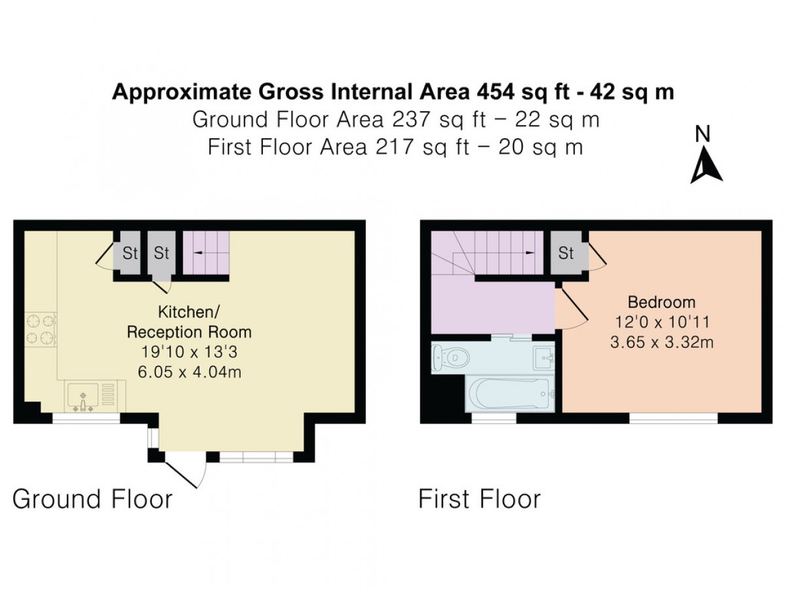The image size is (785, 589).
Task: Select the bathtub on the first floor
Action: [509, 394]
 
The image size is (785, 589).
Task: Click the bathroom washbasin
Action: [543, 357]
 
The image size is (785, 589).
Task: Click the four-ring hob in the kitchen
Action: [41, 330]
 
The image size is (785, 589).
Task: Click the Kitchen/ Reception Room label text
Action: [189, 322]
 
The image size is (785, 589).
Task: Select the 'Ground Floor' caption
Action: [93, 499]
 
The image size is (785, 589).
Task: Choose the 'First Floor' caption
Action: [480, 499]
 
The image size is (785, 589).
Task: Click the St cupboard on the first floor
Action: [566, 253]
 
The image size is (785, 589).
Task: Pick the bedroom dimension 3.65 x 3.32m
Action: [661, 342]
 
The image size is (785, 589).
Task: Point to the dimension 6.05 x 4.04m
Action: [190, 372]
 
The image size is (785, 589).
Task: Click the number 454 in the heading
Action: [495, 92]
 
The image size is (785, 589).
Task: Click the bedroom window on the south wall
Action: [673, 418]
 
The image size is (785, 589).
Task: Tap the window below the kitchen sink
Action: [86, 418]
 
